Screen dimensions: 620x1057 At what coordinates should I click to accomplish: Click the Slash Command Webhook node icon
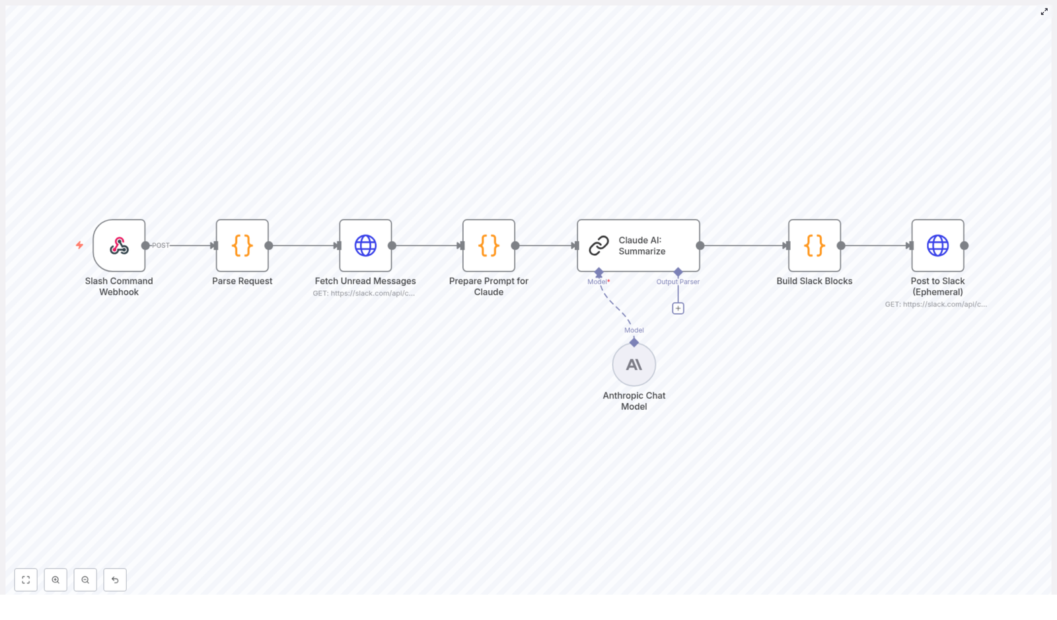pyautogui.click(x=119, y=246)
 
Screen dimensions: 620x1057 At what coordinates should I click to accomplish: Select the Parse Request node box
pyautogui.click(x=242, y=246)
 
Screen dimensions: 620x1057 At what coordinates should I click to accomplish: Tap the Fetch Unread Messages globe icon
pyautogui.click(x=365, y=246)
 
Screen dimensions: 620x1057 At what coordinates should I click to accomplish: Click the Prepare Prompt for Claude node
pyautogui.click(x=489, y=246)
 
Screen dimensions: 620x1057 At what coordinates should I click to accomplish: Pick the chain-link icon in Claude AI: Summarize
pyautogui.click(x=599, y=246)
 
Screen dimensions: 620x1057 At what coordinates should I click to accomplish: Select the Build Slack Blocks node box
pyautogui.click(x=815, y=246)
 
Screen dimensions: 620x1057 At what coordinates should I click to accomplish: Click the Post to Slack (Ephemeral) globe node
pyautogui.click(x=937, y=246)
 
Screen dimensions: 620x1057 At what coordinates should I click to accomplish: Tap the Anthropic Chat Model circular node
pyautogui.click(x=634, y=365)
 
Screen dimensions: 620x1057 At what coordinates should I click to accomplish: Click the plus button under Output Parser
pyautogui.click(x=678, y=309)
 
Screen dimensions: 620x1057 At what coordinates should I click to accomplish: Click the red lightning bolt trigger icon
pyautogui.click(x=79, y=245)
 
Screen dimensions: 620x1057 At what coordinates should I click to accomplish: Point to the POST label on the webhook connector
pyautogui.click(x=161, y=245)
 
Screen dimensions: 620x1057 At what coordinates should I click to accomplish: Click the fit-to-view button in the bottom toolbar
pyautogui.click(x=26, y=580)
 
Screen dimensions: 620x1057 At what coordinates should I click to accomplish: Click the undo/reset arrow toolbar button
pyautogui.click(x=115, y=580)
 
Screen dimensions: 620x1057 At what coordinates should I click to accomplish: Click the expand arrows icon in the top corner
pyautogui.click(x=1044, y=12)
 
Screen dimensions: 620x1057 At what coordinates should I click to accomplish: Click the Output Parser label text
pyautogui.click(x=678, y=282)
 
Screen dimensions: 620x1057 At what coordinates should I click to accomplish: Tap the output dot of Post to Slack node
pyautogui.click(x=965, y=246)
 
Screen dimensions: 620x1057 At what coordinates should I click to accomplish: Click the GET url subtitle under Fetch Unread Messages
pyautogui.click(x=364, y=293)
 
